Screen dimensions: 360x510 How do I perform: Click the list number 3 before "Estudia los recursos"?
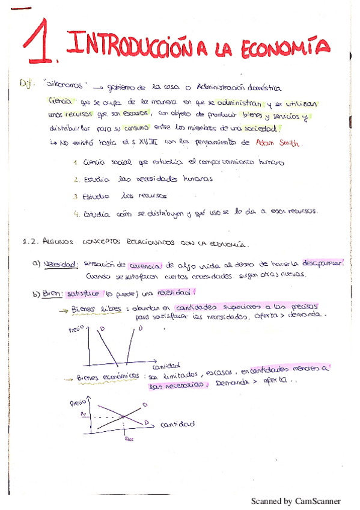click(76, 196)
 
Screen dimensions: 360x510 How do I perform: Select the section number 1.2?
click(30, 242)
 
